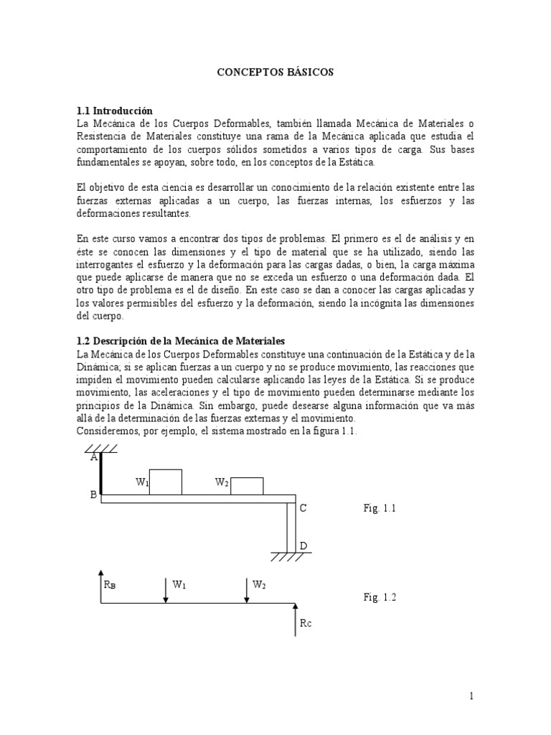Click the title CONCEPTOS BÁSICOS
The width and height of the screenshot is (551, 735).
[275, 72]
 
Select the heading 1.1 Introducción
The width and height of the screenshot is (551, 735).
[115, 111]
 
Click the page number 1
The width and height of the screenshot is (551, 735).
[472, 696]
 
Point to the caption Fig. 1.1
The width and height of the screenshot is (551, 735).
[380, 508]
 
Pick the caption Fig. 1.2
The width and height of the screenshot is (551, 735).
[380, 597]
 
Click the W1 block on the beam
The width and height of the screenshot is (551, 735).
[165, 482]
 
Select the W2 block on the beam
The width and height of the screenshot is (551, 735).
[246, 485]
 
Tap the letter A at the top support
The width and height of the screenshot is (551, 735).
[93, 457]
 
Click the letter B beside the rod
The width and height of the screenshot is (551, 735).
[93, 495]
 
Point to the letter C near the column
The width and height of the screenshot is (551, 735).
[303, 508]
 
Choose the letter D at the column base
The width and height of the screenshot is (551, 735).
[303, 546]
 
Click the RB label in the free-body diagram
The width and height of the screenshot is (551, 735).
[110, 584]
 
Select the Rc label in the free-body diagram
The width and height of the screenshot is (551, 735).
[306, 623]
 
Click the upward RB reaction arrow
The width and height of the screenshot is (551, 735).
[100, 586]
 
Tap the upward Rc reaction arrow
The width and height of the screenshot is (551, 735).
[295, 621]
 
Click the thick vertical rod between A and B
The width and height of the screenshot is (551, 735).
[100, 473]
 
